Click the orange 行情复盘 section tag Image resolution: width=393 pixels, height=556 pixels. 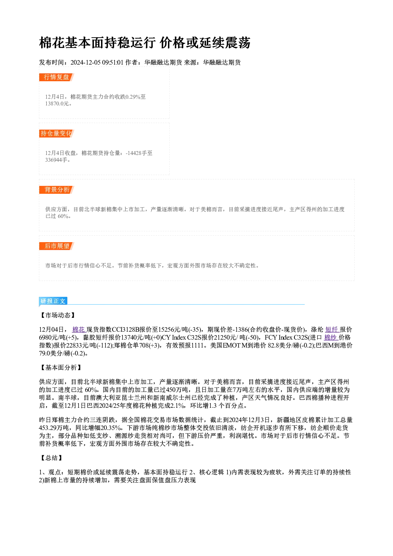point(56,77)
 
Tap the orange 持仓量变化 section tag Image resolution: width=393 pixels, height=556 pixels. point(56,134)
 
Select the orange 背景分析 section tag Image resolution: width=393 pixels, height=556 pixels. point(56,190)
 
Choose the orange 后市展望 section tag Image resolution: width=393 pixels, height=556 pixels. point(56,246)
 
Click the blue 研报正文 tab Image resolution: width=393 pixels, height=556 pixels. point(53,301)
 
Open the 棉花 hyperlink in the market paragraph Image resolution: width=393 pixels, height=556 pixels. point(79,330)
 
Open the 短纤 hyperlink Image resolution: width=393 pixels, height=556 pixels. point(332,330)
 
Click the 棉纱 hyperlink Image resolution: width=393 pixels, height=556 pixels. point(330,338)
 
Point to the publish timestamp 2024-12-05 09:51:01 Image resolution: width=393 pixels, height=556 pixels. point(97,63)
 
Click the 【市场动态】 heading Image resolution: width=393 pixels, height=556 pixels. point(58,315)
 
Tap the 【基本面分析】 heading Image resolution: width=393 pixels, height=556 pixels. point(61,368)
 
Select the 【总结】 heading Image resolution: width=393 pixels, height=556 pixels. point(52,458)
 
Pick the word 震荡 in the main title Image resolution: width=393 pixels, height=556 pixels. point(238,43)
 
